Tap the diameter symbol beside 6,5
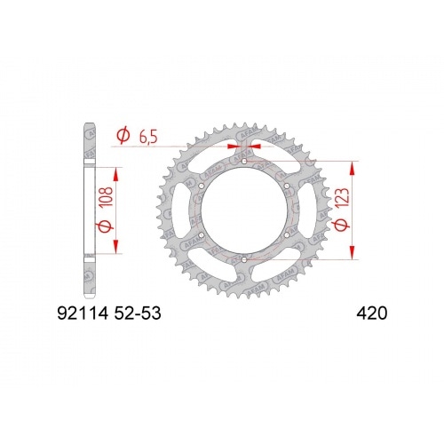tap(123, 136)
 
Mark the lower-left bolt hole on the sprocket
tap(202, 235)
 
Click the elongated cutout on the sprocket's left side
tap(188, 211)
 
